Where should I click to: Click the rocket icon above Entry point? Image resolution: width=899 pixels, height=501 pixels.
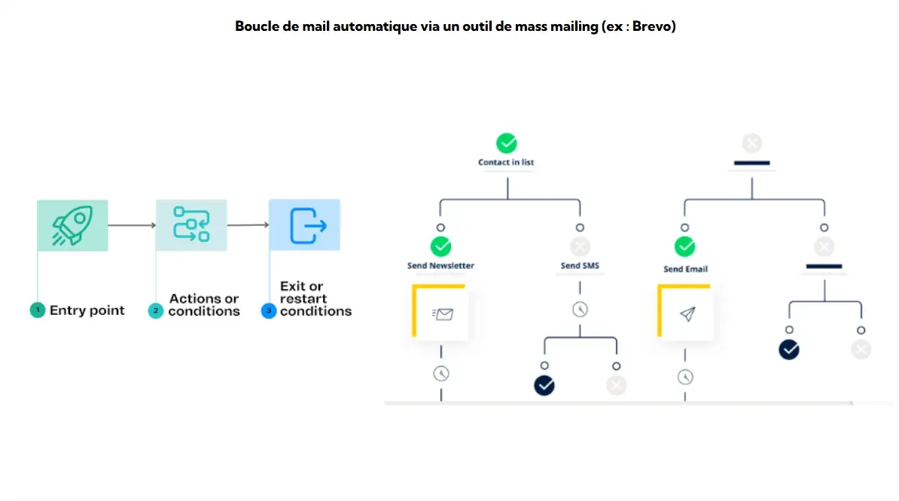click(72, 225)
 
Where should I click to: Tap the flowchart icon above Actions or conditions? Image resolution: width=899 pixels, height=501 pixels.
click(191, 225)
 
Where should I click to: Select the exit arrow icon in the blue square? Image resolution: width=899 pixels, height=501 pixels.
click(305, 225)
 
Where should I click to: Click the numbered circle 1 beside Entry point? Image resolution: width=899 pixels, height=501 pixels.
click(38, 310)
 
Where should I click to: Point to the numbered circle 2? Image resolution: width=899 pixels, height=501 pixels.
click(156, 310)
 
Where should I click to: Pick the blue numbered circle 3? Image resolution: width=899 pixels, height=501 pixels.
click(269, 310)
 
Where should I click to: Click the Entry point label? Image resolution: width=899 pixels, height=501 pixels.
click(87, 310)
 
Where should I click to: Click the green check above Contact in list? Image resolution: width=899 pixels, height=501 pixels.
click(507, 143)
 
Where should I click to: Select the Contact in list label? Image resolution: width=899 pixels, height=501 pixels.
click(506, 162)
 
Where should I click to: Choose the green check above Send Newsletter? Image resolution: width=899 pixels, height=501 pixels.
click(440, 246)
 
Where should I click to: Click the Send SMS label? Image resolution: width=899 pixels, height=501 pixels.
click(580, 265)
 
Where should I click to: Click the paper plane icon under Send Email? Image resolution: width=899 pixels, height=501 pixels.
click(687, 314)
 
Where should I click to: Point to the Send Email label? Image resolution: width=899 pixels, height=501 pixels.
click(685, 269)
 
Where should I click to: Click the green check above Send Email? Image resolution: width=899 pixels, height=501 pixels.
click(684, 246)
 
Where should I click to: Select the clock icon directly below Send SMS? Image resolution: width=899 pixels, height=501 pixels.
click(580, 309)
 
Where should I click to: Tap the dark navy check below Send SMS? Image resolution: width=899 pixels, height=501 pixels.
click(544, 386)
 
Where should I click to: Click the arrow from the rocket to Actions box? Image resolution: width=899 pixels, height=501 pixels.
click(132, 225)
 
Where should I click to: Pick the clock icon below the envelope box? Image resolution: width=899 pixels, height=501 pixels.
click(440, 372)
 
